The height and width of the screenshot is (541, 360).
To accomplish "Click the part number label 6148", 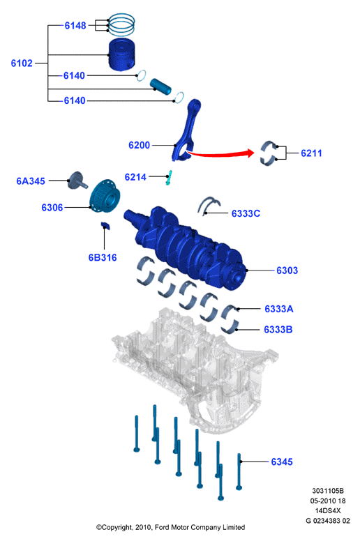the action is pos(75,26).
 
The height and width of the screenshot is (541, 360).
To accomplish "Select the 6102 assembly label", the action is pos(22,63).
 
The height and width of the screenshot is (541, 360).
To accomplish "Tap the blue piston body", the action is pos(121,54).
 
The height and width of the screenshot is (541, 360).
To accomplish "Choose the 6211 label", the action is pos(311,153).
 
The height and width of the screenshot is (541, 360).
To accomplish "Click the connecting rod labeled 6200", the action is pos(186,130).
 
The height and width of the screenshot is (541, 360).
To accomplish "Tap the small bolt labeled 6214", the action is pos(169,178).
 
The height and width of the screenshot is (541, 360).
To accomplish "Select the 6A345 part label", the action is pos(31,181).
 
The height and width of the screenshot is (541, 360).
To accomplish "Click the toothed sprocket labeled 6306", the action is pos(105,196).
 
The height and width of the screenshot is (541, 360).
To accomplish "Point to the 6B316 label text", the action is pos(103,257).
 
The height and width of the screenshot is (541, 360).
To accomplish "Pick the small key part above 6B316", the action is pos(105,226).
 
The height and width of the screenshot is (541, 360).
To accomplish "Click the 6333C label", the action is pos(246,213).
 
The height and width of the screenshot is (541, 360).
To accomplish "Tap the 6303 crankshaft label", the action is pos(287,270).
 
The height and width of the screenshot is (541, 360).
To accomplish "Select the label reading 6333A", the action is pos(279,309).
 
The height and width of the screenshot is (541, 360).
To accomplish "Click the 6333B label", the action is pos(278,330).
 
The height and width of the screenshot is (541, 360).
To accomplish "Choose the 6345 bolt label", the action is pos(282,462).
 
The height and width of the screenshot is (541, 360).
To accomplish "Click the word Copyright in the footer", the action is pos(117,527).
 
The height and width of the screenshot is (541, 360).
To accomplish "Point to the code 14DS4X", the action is pos(328,510).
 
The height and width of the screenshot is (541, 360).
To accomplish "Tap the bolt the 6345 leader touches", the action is pos(239,472).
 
